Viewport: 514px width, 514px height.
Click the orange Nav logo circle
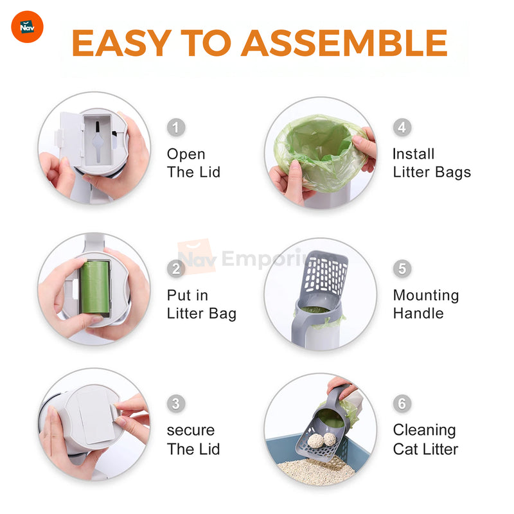coord(27,27)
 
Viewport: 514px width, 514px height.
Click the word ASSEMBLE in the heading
coord(344,43)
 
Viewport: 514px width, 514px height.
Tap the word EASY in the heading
coord(121,43)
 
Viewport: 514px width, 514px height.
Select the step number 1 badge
coord(176,127)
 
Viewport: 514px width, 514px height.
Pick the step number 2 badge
coord(176,269)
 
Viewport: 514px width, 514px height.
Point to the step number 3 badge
coord(176,403)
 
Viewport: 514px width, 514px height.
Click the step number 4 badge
coord(402,127)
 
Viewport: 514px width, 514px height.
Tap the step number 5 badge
coord(402,269)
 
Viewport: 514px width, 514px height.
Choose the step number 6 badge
coord(402,403)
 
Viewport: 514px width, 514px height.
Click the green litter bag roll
coord(94,287)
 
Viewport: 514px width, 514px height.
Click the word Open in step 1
coord(186,155)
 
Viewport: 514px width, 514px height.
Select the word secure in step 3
coord(191,430)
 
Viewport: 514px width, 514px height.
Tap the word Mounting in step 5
coord(426,296)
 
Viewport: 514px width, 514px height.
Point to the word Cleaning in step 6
coord(425,430)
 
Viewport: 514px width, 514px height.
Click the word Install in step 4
coord(414,154)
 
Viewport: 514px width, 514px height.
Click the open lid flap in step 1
coord(70,137)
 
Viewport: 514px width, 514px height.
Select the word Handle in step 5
coord(418,314)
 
